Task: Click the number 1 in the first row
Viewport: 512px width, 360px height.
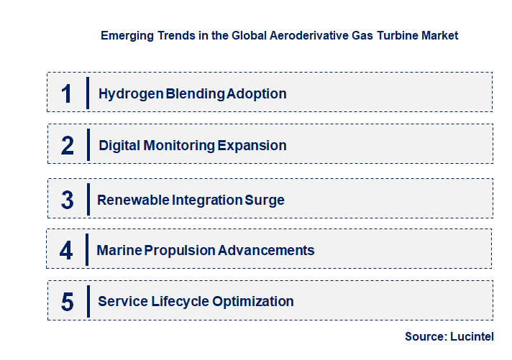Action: tap(66, 93)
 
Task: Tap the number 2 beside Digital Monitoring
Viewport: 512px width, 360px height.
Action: tap(67, 146)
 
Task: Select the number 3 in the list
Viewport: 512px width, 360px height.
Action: tap(67, 200)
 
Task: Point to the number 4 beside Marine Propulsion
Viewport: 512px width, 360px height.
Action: tap(66, 251)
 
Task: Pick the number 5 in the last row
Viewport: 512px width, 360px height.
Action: tap(67, 302)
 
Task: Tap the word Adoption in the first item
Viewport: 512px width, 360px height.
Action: tap(256, 94)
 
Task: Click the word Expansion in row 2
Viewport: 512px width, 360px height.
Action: tap(252, 146)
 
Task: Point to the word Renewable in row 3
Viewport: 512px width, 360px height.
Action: tap(133, 200)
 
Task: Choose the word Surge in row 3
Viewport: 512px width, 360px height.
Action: tap(265, 200)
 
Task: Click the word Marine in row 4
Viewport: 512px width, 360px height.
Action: tap(119, 251)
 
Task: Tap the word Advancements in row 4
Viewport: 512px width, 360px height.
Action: tap(266, 251)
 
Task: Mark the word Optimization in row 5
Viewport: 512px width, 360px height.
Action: tap(253, 302)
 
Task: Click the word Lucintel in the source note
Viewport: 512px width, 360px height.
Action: tap(475, 336)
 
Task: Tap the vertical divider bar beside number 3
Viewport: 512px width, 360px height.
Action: tap(87, 198)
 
